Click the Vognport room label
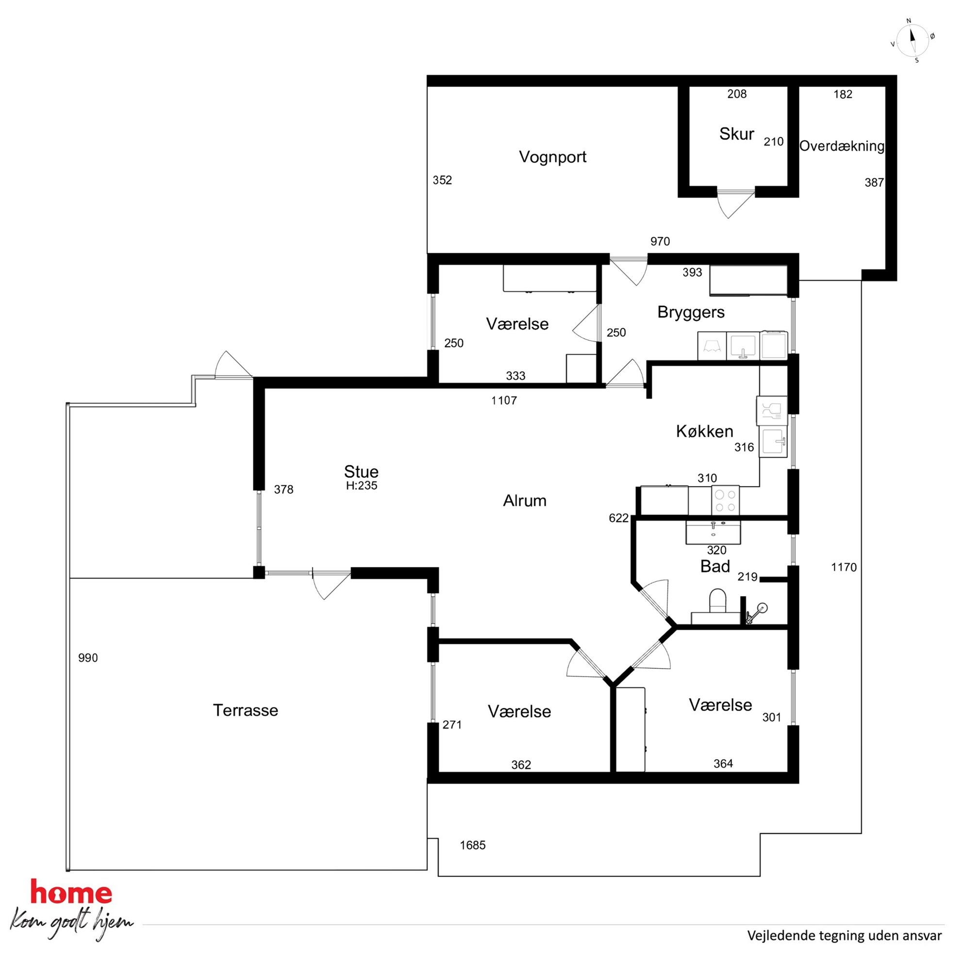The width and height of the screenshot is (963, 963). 552,157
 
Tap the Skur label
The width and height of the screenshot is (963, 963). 736,133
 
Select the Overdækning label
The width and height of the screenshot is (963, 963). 842,146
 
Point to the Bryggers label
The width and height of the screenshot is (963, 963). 691,312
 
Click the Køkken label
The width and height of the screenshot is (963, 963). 704,431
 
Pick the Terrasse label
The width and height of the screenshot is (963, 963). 245,710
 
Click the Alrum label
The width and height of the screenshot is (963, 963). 524,500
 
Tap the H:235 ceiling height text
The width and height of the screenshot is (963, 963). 362,485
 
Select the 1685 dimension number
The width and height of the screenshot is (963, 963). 473,845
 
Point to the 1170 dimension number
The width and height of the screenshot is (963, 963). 844,567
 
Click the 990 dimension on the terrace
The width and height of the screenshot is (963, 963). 88,658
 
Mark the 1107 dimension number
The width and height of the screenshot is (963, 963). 504,400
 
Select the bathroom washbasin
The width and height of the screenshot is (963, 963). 714,532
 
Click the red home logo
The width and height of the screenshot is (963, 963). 71,892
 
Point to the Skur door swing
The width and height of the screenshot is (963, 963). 735,203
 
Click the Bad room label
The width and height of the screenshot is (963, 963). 715,566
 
